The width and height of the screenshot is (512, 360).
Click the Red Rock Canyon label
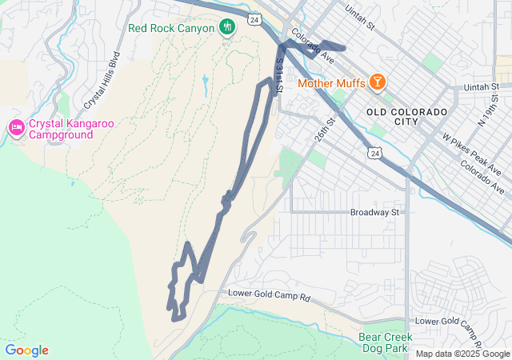[x=171, y=28]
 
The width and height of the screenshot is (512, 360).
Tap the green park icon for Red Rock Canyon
[x=227, y=27]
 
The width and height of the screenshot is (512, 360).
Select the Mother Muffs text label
[x=331, y=82]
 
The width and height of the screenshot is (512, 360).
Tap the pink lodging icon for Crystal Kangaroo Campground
[x=16, y=128]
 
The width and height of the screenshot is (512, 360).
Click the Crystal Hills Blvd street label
[x=102, y=80]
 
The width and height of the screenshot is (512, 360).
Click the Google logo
[x=26, y=350]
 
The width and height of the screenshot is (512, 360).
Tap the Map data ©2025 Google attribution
[x=462, y=354]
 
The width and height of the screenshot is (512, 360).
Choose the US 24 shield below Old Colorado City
[x=374, y=151]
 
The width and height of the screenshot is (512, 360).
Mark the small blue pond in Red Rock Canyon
[x=206, y=82]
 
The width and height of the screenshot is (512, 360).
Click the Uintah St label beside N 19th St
[x=483, y=86]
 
